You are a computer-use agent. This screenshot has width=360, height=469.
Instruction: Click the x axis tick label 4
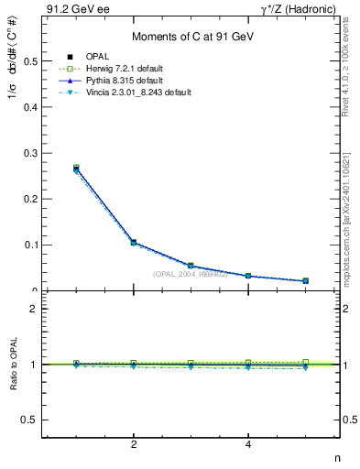click(x=248, y=446)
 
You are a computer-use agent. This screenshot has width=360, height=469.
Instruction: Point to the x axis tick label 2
click(x=134, y=446)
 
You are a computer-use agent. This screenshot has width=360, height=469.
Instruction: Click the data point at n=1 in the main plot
click(x=76, y=169)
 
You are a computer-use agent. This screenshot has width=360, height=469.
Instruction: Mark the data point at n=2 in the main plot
click(x=134, y=243)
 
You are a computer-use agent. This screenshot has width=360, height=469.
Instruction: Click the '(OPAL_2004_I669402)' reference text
click(x=191, y=273)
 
